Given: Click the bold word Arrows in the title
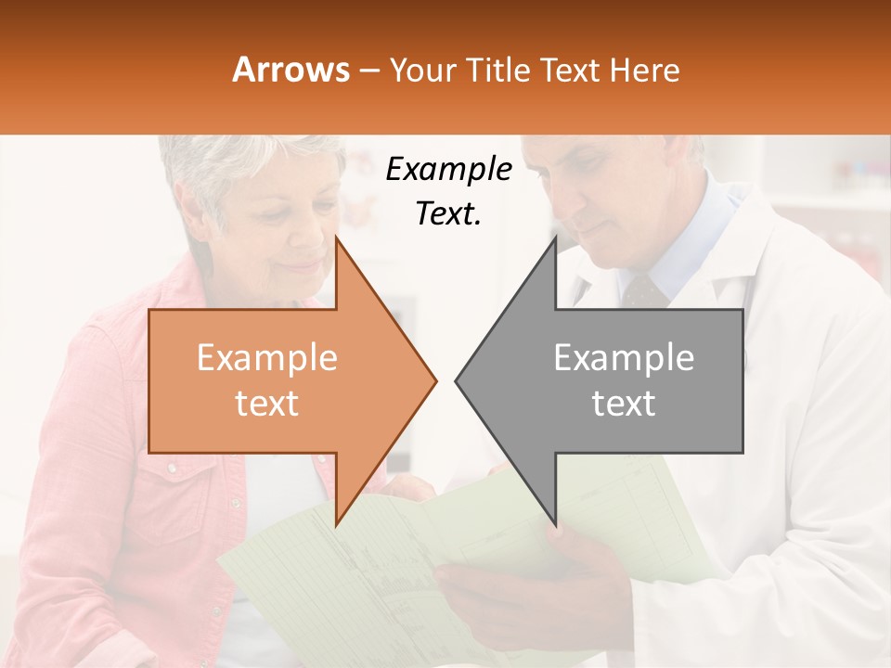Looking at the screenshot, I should [291, 70].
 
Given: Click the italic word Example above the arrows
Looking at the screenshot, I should [448, 171].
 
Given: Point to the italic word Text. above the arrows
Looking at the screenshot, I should [448, 213].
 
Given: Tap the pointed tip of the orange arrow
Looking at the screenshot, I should [433, 380].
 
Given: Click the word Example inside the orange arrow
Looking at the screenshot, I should [267, 358].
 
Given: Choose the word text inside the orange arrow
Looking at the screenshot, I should [267, 404].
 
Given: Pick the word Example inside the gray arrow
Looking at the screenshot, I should [624, 358].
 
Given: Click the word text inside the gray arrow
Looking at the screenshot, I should [624, 404].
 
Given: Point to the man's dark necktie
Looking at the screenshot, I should [643, 291].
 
